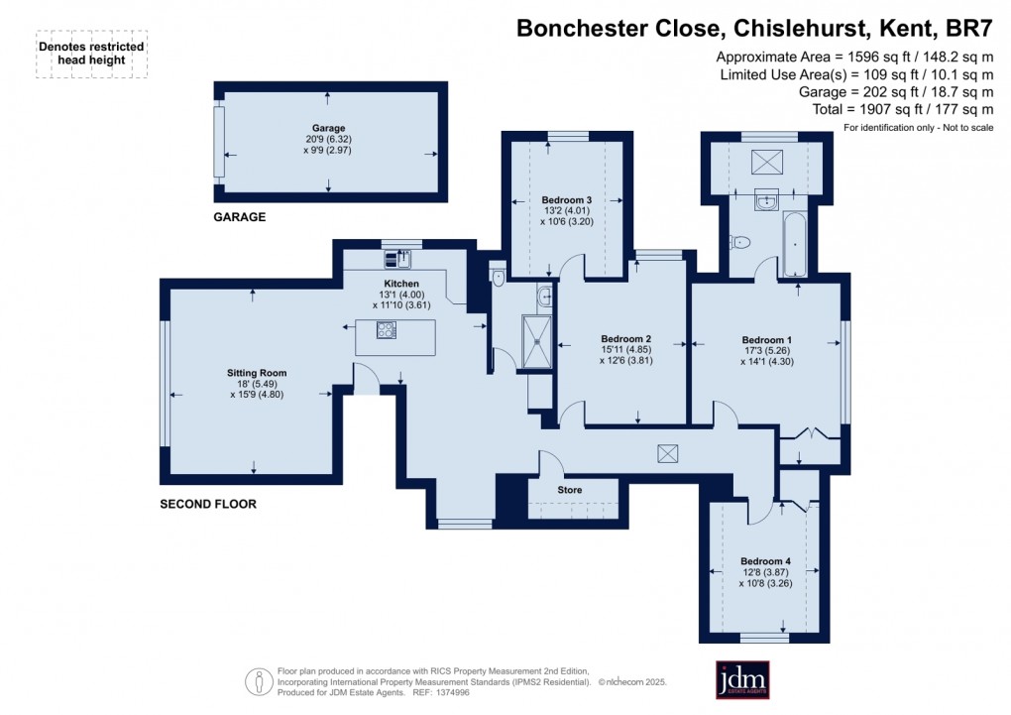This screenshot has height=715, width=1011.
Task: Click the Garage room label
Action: coord(328,128)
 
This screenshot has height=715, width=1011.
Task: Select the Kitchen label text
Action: coord(390,284)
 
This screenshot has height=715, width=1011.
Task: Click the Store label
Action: coord(570,490)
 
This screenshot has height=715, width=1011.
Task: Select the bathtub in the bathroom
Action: coord(796,243)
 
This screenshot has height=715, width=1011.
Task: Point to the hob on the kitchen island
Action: coord(387,330)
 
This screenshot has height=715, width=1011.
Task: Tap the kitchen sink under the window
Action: coord(401,258)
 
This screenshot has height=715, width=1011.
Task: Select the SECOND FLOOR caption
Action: coord(208,504)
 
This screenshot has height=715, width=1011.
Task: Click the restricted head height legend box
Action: coord(91,54)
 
